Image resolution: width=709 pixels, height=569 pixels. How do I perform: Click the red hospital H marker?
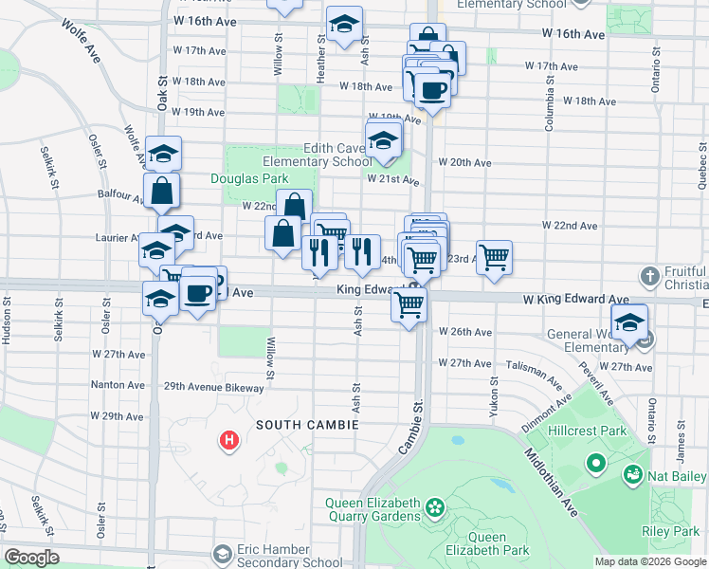tap(228, 440)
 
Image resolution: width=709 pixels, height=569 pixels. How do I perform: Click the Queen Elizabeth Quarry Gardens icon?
tap(434, 508)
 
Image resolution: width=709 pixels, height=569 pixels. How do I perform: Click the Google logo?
tap(31, 558)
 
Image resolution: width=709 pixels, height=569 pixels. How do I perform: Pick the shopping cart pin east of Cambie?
tap(494, 256)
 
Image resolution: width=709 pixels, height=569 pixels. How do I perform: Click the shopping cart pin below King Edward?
tap(409, 304)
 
